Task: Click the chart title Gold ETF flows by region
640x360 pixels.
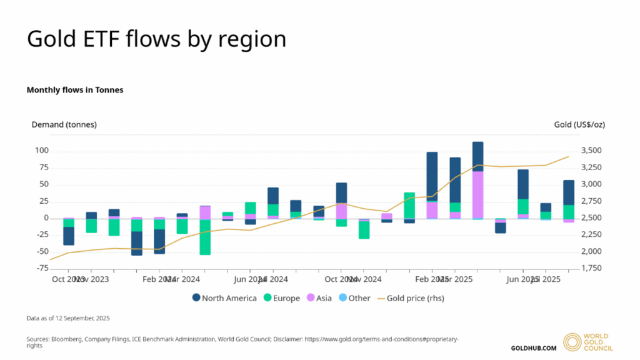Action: click(x=156, y=39)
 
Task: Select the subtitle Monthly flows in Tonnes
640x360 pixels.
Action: click(x=75, y=90)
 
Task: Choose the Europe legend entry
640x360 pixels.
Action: click(x=281, y=298)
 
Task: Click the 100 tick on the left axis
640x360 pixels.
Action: click(x=42, y=151)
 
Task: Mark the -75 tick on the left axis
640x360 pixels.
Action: click(x=42, y=268)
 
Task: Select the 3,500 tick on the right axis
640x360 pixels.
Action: click(x=592, y=151)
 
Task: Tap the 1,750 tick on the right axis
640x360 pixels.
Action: click(x=592, y=268)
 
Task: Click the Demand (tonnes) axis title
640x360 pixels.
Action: click(x=64, y=124)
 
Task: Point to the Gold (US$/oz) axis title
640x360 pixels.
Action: click(x=579, y=124)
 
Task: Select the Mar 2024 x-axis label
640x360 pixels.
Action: click(x=182, y=279)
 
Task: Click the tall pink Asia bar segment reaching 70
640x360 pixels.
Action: click(x=478, y=194)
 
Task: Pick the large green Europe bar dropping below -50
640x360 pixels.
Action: click(x=205, y=237)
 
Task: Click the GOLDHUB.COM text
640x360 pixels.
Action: click(x=533, y=348)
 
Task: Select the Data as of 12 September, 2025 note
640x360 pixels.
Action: click(x=68, y=318)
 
